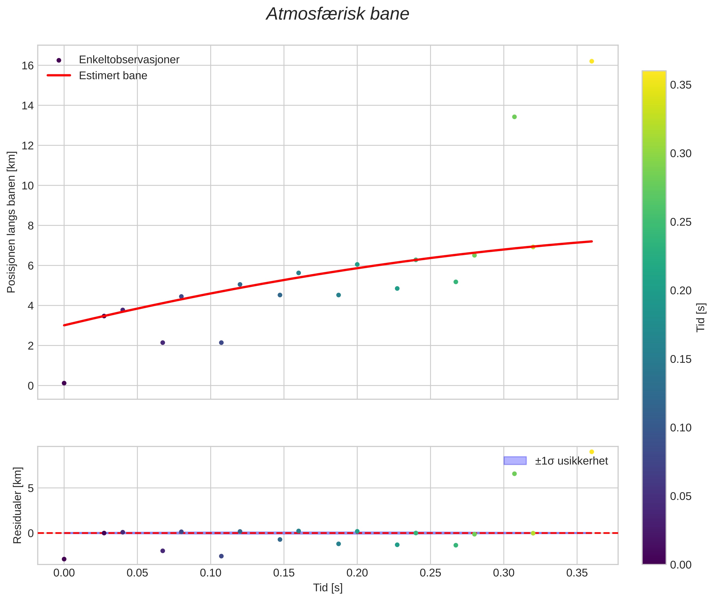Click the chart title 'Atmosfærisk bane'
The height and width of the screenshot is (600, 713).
point(337,14)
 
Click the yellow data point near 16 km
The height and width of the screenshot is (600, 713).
point(591,61)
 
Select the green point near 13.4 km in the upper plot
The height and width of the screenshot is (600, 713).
point(514,117)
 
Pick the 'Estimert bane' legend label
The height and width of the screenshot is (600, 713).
point(113,76)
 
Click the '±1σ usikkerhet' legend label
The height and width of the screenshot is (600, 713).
point(571,461)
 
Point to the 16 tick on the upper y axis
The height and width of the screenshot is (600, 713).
point(28,66)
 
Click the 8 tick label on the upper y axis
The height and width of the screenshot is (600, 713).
point(31,226)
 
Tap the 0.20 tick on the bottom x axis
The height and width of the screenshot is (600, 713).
point(357,573)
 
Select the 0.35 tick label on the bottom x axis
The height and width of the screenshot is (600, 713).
point(577,573)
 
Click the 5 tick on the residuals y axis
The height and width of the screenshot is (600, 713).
point(31,488)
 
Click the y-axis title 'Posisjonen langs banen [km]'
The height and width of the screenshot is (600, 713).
point(11,222)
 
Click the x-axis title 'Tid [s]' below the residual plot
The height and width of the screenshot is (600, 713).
point(327,588)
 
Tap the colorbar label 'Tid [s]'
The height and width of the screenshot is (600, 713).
point(701,317)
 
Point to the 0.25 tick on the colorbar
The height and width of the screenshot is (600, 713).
point(680,222)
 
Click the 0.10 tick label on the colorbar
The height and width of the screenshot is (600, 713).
point(680,427)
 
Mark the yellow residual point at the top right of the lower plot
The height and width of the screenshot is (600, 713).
point(591,452)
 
